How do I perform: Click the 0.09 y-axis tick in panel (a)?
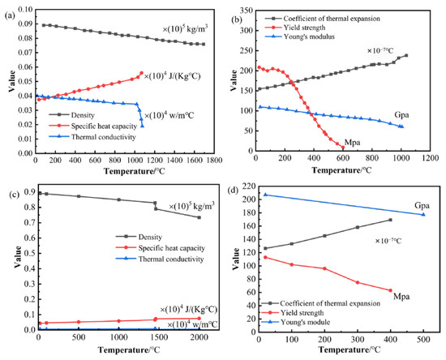pos(26,24)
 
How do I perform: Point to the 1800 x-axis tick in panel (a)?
pos(214,160)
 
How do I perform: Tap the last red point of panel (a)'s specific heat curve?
pos(141,73)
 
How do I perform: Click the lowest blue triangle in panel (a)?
pos(142,126)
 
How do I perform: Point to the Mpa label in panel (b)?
pos(352,143)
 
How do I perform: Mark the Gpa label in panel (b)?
pos(401,115)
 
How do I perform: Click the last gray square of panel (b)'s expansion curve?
pos(406,55)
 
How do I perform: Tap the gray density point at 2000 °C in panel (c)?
pos(199,217)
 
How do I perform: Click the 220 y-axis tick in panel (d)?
pos(251,186)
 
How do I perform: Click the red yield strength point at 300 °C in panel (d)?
pos(358,282)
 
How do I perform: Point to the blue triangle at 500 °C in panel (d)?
pos(423,214)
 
